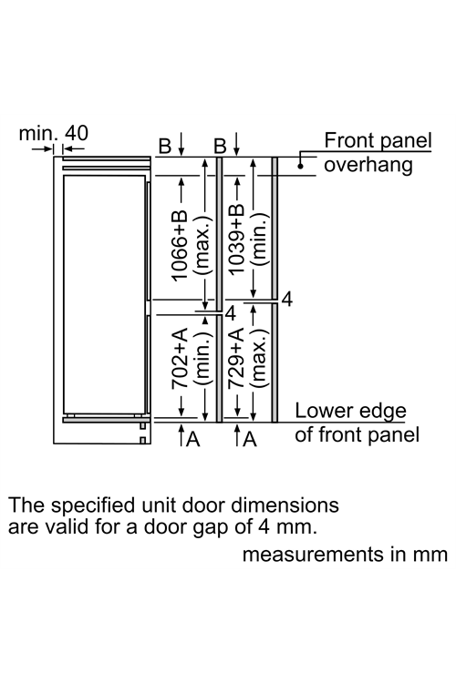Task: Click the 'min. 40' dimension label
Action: click(x=53, y=133)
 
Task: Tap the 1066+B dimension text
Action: click(x=180, y=246)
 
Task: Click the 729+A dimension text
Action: click(x=236, y=359)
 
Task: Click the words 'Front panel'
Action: click(x=378, y=140)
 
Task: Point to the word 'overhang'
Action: click(x=368, y=165)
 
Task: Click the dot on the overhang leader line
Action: click(x=300, y=166)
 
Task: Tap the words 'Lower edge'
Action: click(x=350, y=411)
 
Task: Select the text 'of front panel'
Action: click(x=357, y=434)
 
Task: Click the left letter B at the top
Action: click(x=165, y=146)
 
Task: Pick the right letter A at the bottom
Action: click(x=250, y=439)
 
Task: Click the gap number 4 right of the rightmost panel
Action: click(x=287, y=300)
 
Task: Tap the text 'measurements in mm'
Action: click(x=345, y=555)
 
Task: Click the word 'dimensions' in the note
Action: click(x=285, y=505)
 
